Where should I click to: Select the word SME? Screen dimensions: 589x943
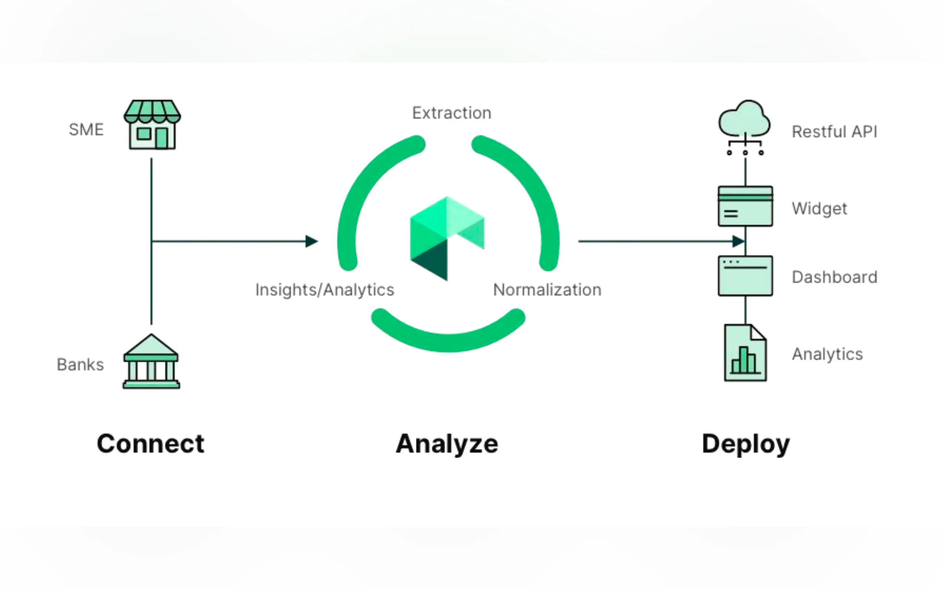pyautogui.click(x=86, y=130)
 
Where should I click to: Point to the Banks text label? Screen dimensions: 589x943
pyautogui.click(x=80, y=365)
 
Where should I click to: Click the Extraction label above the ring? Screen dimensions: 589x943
pyautogui.click(x=452, y=113)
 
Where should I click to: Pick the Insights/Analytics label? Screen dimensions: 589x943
pyautogui.click(x=325, y=290)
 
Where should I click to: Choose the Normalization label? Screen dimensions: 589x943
pyautogui.click(x=547, y=290)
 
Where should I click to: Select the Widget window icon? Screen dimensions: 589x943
pyautogui.click(x=745, y=206)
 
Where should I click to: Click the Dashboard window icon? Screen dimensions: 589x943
pyautogui.click(x=745, y=276)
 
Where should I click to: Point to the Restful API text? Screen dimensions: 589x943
pyautogui.click(x=835, y=132)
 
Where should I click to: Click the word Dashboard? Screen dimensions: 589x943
pyautogui.click(x=835, y=277)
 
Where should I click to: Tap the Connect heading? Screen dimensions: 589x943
pyautogui.click(x=150, y=444)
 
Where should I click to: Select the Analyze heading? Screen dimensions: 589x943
pyautogui.click(x=447, y=444)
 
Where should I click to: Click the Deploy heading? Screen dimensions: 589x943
pyautogui.click(x=746, y=444)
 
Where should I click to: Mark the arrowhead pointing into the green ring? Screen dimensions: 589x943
pyautogui.click(x=311, y=241)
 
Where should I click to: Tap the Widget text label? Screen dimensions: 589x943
pyautogui.click(x=819, y=209)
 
